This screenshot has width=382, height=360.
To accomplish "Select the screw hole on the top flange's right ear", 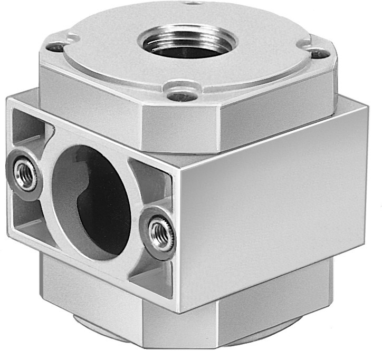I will [x=316, y=53].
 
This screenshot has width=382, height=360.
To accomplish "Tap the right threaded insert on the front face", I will [x=159, y=232].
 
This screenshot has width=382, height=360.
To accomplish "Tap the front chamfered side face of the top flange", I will [x=179, y=127].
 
